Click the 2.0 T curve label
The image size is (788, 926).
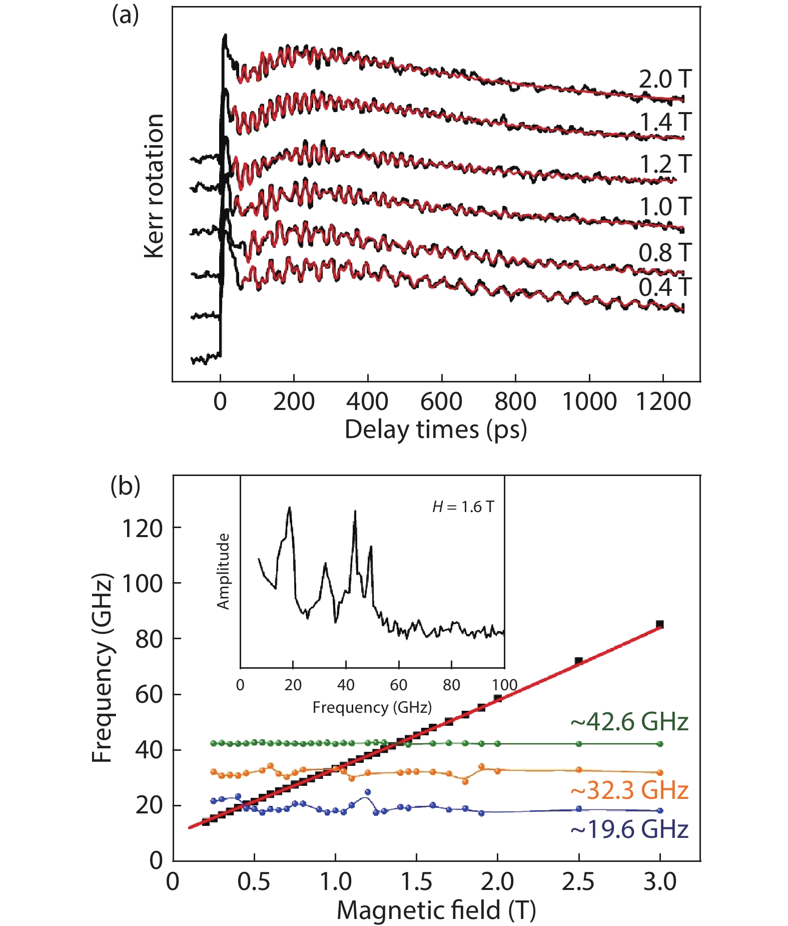[664, 80]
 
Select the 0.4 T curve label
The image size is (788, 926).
[664, 287]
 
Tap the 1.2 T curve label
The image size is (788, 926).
[665, 164]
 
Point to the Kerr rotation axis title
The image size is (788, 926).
[154, 186]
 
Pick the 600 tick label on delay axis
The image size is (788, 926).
[441, 402]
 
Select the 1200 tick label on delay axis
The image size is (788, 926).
[663, 402]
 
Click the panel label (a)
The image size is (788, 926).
[125, 16]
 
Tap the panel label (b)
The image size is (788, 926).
[125, 486]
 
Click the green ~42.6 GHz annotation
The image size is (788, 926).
[629, 722]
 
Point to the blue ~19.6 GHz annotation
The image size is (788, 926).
[629, 829]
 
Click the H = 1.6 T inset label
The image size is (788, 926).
[463, 507]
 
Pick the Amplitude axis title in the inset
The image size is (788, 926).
[223, 571]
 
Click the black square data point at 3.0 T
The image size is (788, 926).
[660, 624]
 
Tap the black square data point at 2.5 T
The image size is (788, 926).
[579, 661]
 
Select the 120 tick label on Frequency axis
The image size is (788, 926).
[143, 529]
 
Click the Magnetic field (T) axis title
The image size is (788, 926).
[436, 910]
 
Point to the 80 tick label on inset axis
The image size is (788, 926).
[451, 685]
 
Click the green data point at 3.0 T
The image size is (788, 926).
[660, 744]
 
